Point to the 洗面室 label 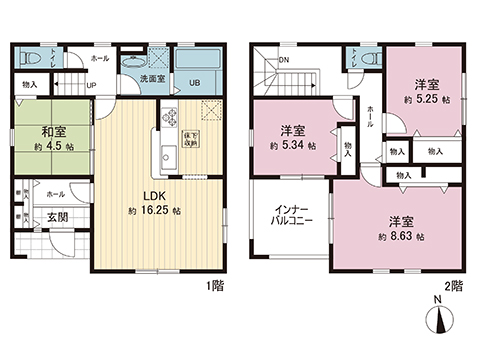coord(152,78)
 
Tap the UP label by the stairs coord(91,86)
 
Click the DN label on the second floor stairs coord(285,60)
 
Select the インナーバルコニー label coord(288,217)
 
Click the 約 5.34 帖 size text coord(293,146)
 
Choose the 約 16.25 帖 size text coord(153,212)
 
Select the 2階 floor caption coord(455,285)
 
